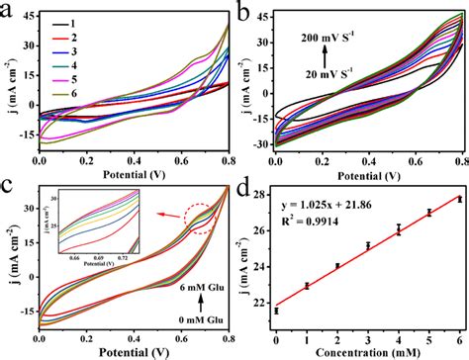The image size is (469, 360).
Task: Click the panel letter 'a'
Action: [9, 11]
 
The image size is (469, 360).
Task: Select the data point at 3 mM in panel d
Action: [368, 245]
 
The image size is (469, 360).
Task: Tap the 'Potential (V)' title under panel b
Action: [369, 170]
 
